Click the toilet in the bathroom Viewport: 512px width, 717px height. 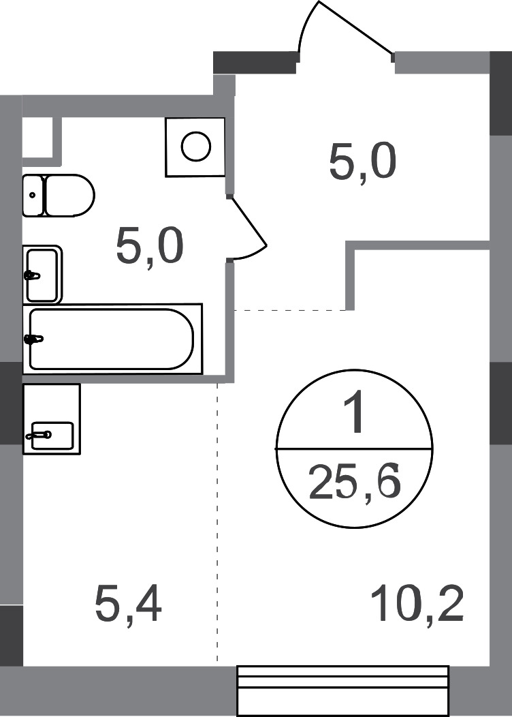(67, 196)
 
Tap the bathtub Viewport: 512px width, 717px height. (112, 339)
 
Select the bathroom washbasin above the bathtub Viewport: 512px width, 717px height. (42, 275)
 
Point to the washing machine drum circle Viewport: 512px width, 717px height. (195, 147)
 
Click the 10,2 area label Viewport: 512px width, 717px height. (418, 604)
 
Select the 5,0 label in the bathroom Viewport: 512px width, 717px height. (150, 247)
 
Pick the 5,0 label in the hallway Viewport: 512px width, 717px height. (362, 163)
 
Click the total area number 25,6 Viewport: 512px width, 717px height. (354, 483)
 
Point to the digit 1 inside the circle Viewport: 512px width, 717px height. (354, 416)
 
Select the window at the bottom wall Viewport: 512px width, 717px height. (342, 690)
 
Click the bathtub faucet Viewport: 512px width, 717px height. (34, 338)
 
